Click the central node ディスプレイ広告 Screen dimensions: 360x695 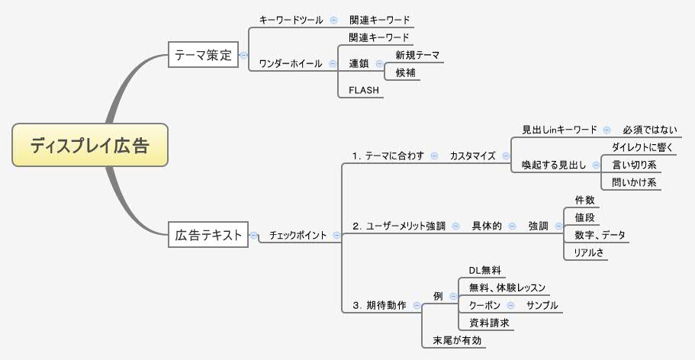pos(89,145)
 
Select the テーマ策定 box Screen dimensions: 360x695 pos(203,55)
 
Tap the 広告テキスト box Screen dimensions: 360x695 pos(208,236)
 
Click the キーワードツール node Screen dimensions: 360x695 pos(291,20)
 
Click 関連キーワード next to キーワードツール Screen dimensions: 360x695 pos(379,20)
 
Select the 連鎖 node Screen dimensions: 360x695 pos(359,63)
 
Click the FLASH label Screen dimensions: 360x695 pos(364,90)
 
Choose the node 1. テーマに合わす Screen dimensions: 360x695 pos(388,156)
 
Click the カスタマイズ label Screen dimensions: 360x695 pos(472,156)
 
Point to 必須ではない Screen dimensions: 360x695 pos(650,130)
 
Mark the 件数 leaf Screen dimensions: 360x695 pos(584,200)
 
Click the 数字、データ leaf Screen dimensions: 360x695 pos(600,235)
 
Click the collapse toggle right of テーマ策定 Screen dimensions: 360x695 pos(244,55)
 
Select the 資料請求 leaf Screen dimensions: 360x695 pos(489,323)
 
